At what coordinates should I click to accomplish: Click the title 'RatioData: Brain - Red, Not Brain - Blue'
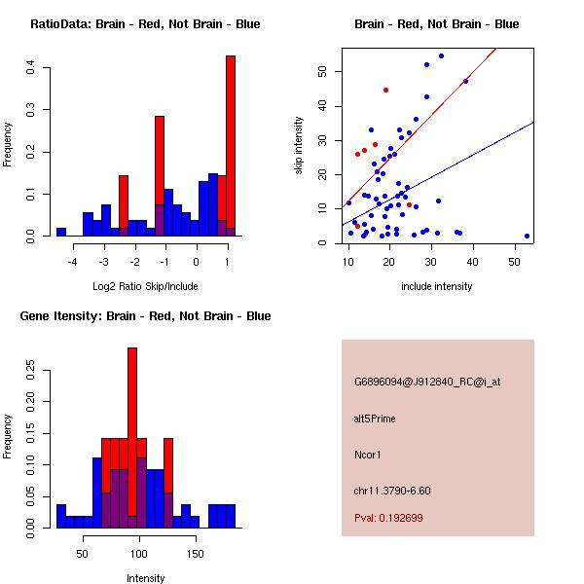click(145, 24)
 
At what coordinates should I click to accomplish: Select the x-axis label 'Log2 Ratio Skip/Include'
click(143, 285)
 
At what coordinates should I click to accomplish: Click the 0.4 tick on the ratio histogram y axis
click(31, 67)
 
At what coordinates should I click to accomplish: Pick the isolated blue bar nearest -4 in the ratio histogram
click(60, 232)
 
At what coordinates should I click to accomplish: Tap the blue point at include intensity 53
click(527, 236)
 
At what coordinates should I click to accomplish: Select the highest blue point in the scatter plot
click(441, 55)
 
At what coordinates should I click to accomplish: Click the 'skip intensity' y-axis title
click(300, 146)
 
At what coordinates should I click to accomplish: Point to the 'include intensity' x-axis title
click(437, 286)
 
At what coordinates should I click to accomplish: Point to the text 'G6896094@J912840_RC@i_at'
click(427, 383)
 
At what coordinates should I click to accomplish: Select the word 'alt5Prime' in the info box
click(375, 419)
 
